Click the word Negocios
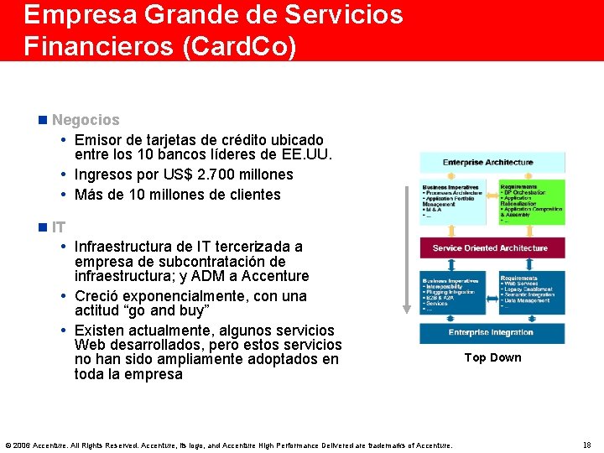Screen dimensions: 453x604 click(x=86, y=120)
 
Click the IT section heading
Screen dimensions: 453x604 click(x=59, y=226)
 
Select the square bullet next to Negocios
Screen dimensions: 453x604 click(x=43, y=120)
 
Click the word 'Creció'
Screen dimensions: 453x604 click(x=98, y=296)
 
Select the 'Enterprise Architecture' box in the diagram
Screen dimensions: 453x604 click(x=487, y=162)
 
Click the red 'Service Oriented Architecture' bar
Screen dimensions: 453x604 click(x=490, y=247)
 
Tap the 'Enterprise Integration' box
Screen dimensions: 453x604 click(x=490, y=332)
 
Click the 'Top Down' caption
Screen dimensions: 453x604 click(x=492, y=357)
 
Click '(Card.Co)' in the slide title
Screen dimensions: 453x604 click(x=239, y=46)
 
